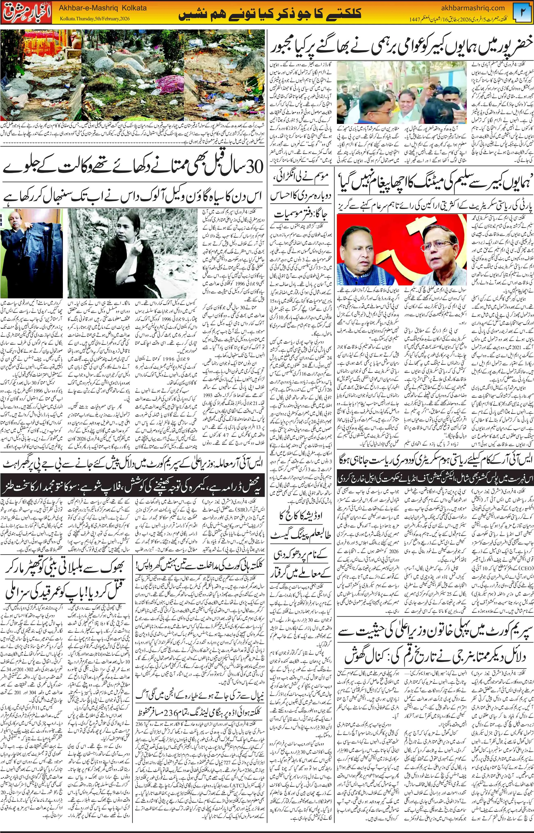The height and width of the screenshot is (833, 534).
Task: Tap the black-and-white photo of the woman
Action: click(x=132, y=253)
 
